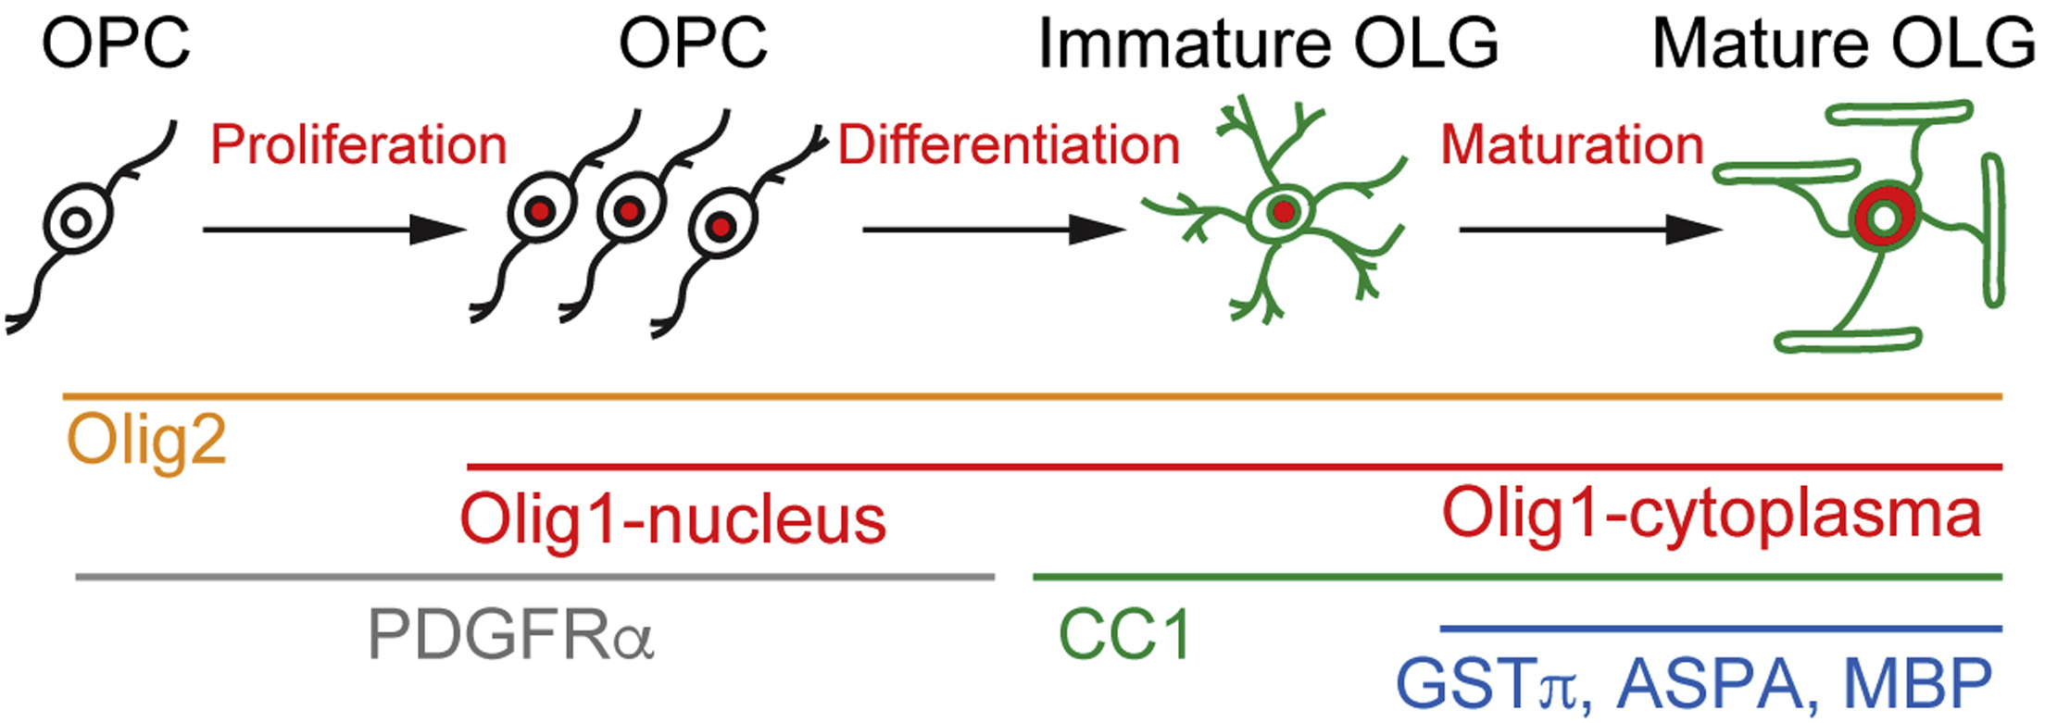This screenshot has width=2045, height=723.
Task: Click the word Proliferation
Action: [x=358, y=145]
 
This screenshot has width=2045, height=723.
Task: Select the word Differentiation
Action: [x=1009, y=145]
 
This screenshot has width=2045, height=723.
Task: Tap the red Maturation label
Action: [x=1572, y=145]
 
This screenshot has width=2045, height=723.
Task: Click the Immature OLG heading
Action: [x=1268, y=44]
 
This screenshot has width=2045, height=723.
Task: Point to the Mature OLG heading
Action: [x=1843, y=44]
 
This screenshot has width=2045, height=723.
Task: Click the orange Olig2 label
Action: [x=146, y=441]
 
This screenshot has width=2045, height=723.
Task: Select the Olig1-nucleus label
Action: [x=672, y=519]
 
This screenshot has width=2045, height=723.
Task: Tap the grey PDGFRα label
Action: [x=511, y=635]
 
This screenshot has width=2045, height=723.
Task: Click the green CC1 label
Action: [x=1124, y=635]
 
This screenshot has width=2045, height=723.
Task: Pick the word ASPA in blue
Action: [x=1710, y=685]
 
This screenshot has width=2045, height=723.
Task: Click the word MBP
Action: [x=1917, y=685]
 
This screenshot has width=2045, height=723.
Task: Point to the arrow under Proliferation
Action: [x=333, y=229]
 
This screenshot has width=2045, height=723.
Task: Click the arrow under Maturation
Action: [x=1589, y=229]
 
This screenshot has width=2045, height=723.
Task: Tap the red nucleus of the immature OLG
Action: [x=1283, y=213]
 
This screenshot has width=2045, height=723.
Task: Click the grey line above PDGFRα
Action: [x=534, y=577]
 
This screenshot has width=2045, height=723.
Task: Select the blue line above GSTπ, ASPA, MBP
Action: [x=1720, y=630]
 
